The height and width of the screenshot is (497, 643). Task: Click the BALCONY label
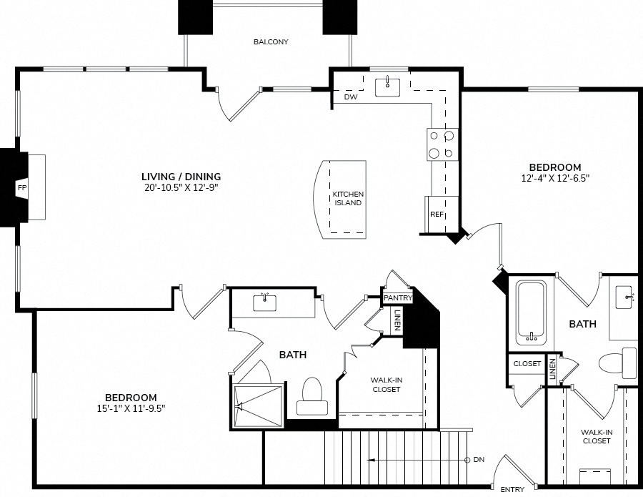coord(271,42)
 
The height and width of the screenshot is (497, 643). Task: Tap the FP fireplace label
coord(21,188)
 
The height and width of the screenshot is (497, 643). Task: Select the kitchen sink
coord(387,87)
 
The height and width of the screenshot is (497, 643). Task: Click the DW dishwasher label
coord(351,97)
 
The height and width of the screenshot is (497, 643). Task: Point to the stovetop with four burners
coord(442,144)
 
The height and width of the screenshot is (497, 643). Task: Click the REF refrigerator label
coord(437,215)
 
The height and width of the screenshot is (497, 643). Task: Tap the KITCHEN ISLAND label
coord(348,198)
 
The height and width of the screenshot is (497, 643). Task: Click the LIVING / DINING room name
coord(181,177)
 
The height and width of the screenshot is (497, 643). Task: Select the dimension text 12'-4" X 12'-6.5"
coord(555,178)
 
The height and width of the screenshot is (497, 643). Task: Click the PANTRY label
coord(397,298)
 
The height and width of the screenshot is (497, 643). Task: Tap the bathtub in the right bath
coord(531,313)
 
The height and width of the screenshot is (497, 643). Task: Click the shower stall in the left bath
coord(258,406)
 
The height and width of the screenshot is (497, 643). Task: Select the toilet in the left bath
coord(312,396)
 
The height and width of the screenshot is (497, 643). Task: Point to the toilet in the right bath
coord(618,363)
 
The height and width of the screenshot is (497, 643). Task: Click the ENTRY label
coord(512,489)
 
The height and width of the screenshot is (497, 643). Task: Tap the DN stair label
coord(479,460)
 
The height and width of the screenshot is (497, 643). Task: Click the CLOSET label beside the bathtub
coord(527,363)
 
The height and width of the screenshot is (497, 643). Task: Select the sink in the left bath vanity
coord(264,302)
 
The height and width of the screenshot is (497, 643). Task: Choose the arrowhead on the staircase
coord(371,460)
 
